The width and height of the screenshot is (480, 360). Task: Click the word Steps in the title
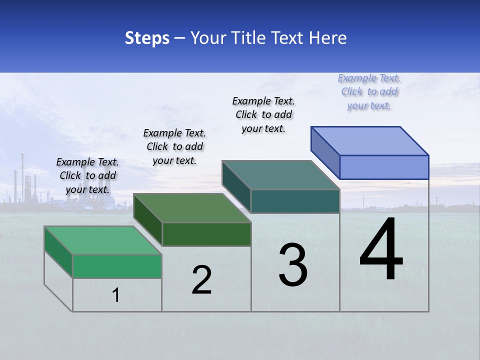pos(147,38)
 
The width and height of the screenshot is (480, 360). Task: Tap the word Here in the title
pos(327,38)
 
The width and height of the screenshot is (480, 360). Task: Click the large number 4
pos(381,250)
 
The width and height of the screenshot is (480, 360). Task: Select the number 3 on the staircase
pos(293,265)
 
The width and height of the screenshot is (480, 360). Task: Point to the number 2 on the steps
pos(202,280)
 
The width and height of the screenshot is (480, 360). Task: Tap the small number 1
pos(116,295)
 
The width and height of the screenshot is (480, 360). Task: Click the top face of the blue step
pos(370,140)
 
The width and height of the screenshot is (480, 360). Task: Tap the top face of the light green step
pos(103,240)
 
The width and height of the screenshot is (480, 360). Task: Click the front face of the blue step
pos(384,167)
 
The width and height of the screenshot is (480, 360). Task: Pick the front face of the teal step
pos(295,201)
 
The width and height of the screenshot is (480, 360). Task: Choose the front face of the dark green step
pos(206,234)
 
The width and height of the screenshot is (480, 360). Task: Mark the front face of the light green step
pos(117,266)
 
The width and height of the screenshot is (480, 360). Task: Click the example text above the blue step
pos(369,92)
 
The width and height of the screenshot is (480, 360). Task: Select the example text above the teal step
pos(263,114)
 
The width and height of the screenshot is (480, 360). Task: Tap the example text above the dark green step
pos(174,146)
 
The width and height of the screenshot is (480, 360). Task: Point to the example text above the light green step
pos(87,175)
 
